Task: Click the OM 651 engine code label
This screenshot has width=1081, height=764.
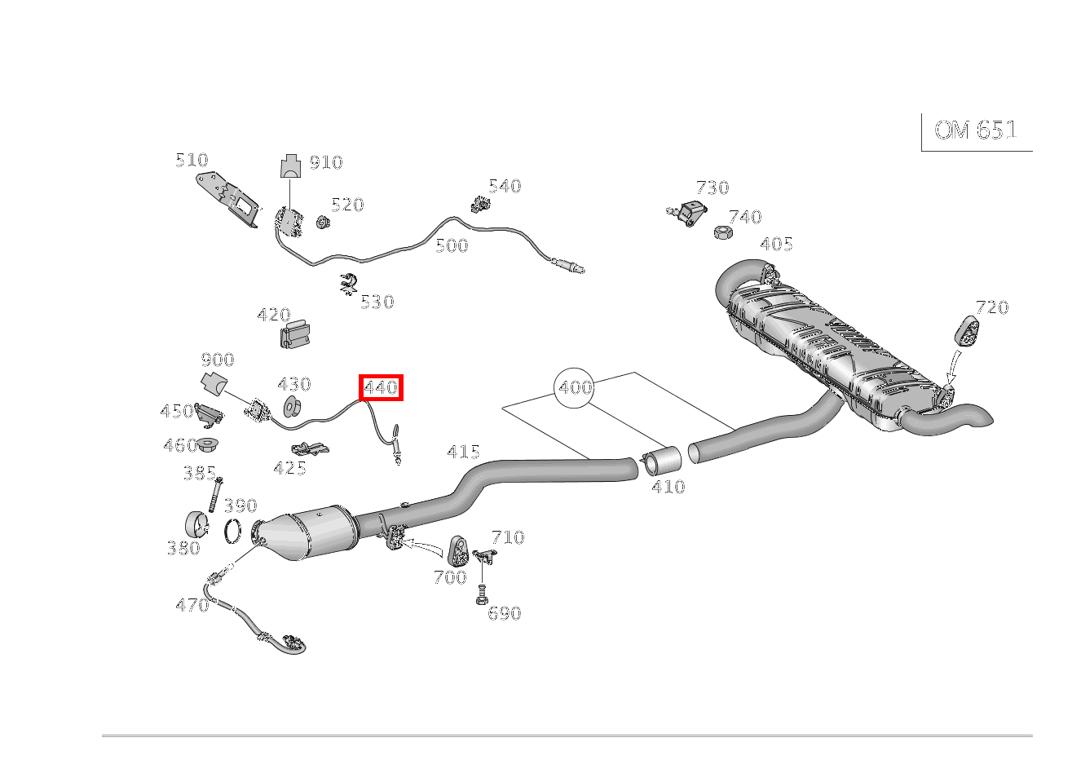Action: tap(975, 130)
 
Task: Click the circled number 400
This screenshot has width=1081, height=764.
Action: tap(574, 387)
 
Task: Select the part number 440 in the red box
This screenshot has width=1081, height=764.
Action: tap(381, 387)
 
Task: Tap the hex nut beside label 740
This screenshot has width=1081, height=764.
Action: tap(723, 232)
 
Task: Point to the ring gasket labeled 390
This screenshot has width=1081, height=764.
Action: tap(232, 531)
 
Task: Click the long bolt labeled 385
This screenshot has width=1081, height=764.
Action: tap(215, 495)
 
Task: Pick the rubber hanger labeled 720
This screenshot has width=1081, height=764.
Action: tap(967, 331)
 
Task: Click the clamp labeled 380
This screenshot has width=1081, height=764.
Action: tap(197, 525)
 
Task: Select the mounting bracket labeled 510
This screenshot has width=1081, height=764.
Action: tap(227, 199)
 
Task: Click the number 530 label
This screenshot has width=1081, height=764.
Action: tap(377, 303)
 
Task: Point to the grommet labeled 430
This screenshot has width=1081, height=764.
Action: tap(292, 406)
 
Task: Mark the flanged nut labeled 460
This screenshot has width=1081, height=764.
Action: tap(208, 444)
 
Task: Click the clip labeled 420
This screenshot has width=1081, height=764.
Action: tap(294, 333)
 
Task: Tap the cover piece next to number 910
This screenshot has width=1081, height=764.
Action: tap(290, 166)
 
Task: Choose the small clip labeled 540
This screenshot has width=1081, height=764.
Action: tap(481, 204)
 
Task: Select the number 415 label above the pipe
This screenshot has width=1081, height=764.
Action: tap(463, 453)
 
